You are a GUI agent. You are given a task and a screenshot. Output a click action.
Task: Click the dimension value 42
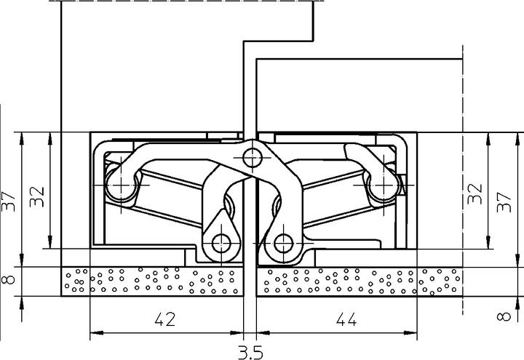coord(165,319)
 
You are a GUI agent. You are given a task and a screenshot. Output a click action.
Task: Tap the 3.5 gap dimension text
coord(250,352)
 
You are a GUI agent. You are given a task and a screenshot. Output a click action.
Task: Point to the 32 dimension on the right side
coord(475,193)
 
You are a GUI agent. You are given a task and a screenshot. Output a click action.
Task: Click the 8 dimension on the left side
coord(9,279)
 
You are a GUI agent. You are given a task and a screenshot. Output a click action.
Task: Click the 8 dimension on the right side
coord(501,316)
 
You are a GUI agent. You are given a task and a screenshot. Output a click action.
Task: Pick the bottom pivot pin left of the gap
coord(221,242)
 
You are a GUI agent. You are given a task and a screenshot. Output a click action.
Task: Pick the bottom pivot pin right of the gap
coord(282,242)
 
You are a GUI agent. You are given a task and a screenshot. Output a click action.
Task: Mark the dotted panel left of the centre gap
coord(153,280)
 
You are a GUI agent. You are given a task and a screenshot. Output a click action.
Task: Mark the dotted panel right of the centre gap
coord(364,280)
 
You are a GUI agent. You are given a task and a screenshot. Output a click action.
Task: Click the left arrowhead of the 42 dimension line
coord(93,335)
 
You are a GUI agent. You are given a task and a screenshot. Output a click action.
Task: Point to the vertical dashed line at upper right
coord(464,87)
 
